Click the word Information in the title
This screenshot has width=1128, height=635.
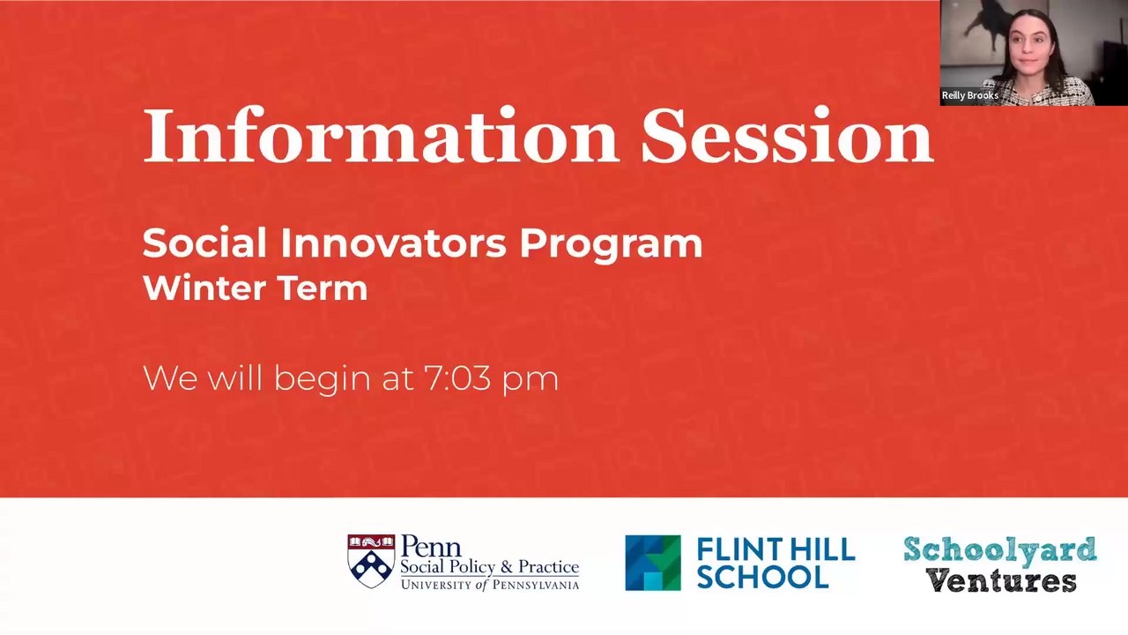381,135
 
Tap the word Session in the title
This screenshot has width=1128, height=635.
787,135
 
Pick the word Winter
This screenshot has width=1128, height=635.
204,288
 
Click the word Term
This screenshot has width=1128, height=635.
323,288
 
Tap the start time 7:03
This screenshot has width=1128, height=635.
456,378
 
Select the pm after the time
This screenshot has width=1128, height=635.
531,382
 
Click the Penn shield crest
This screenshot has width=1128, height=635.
371,561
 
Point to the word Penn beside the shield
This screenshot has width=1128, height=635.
431,546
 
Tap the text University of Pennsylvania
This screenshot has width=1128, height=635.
490,585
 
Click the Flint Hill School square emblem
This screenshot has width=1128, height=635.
653,563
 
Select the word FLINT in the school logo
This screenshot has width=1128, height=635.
739,549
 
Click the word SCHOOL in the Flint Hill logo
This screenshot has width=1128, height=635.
762,577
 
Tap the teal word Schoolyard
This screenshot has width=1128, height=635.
1000,551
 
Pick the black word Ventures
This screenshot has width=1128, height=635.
1002,580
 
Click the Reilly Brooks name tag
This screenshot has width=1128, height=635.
970,95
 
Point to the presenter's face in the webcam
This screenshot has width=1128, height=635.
1032,53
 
